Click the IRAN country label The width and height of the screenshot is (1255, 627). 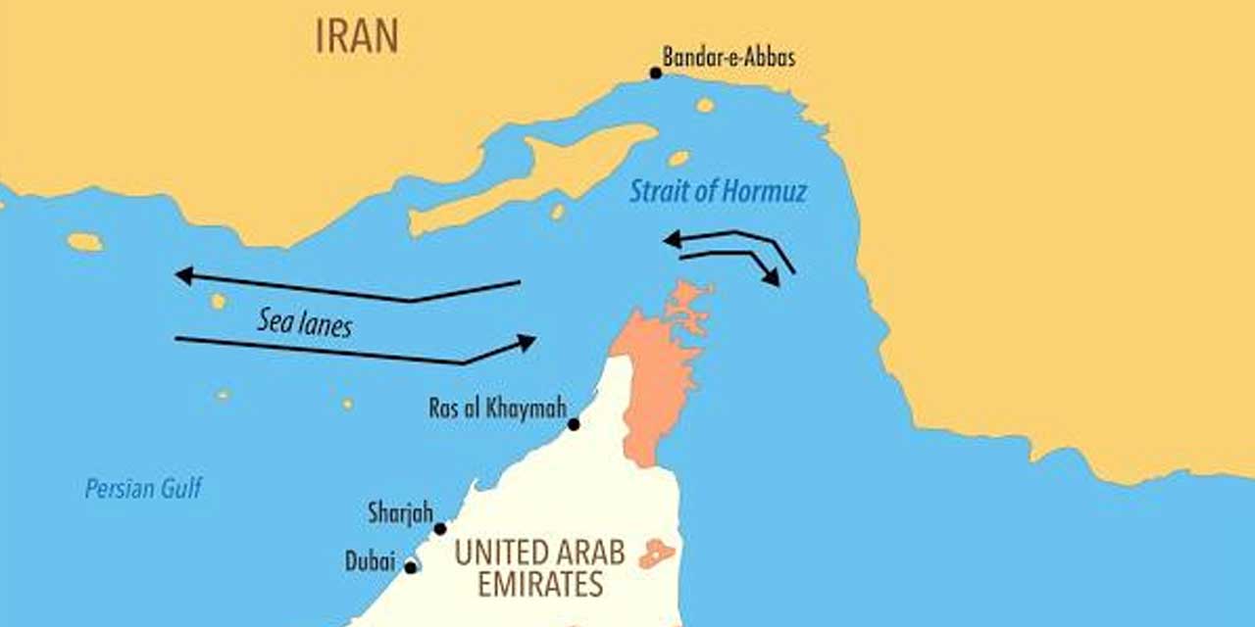[x=357, y=37]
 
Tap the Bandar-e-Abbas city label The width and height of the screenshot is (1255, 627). [x=728, y=58]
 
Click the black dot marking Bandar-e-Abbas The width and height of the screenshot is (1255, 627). [x=656, y=72]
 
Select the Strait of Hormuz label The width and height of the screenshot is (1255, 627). [x=718, y=191]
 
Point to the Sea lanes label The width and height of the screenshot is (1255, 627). [x=304, y=322]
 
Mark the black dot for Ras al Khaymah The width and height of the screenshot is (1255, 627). [x=574, y=424]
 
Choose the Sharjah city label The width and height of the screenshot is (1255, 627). [x=399, y=511]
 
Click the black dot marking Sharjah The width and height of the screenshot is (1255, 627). [x=440, y=529]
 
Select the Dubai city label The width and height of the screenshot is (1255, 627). [x=370, y=562]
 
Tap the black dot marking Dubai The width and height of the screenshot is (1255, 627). [x=411, y=567]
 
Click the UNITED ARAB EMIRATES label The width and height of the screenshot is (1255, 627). [x=539, y=568]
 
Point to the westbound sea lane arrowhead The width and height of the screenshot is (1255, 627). [x=183, y=276]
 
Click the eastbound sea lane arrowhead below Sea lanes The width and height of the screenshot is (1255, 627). [x=527, y=342]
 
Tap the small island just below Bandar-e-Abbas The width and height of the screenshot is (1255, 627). [x=704, y=105]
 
